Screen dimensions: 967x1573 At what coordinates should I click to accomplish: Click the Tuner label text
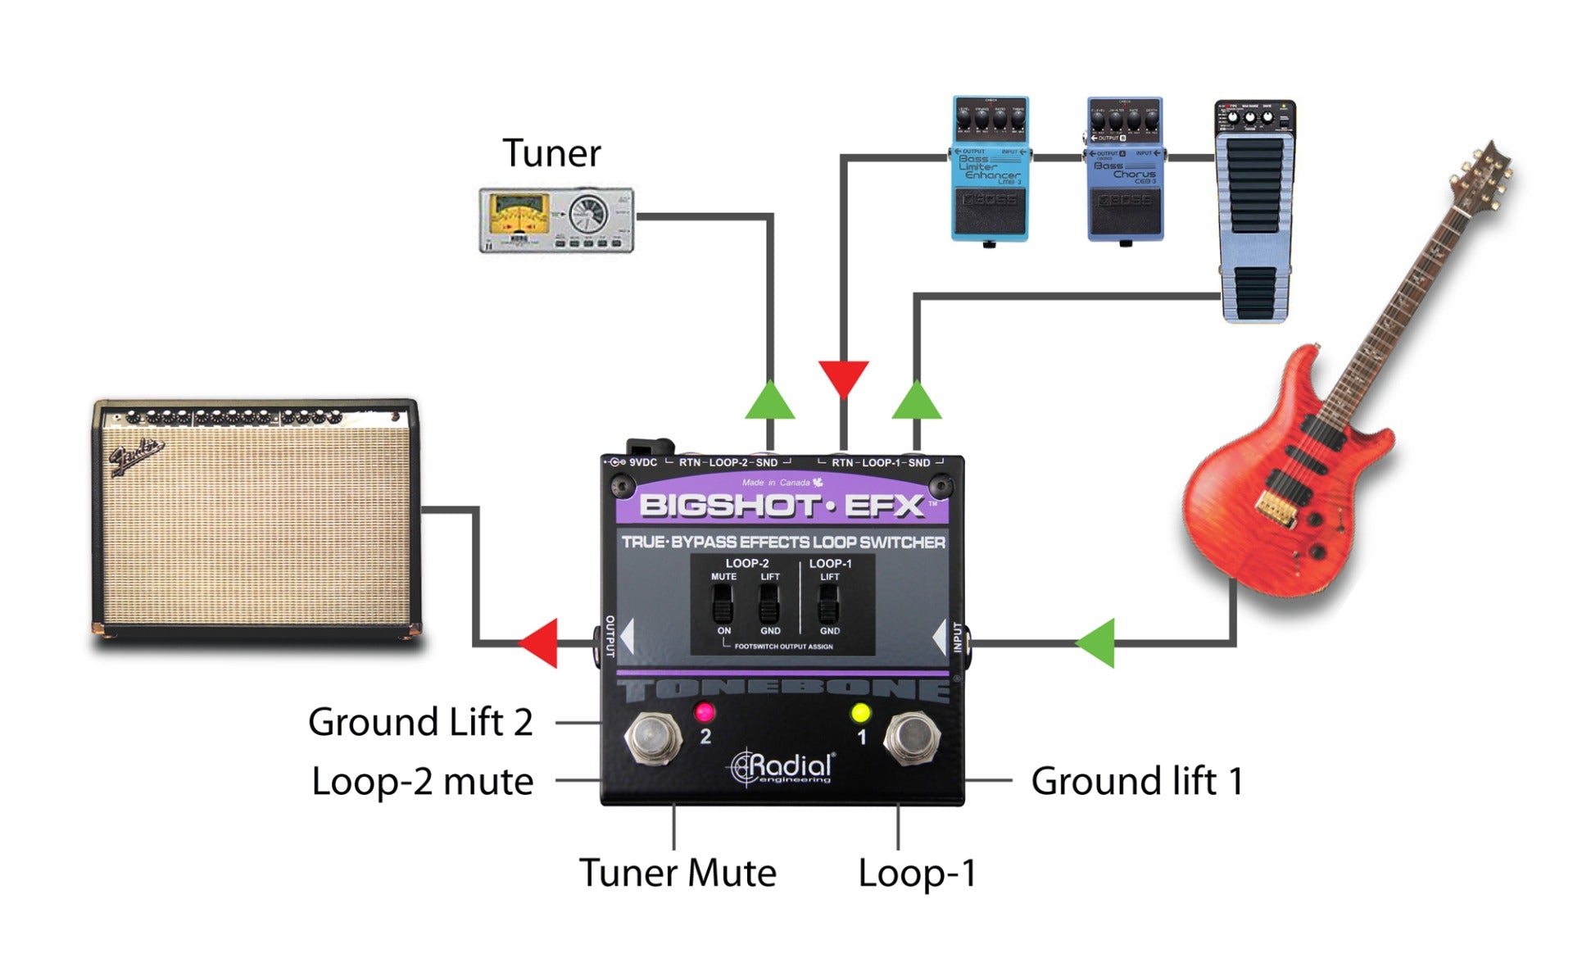click(x=551, y=153)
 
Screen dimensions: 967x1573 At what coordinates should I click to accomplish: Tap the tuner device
click(x=556, y=220)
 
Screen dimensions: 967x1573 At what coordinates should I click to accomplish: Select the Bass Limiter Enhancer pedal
click(x=990, y=169)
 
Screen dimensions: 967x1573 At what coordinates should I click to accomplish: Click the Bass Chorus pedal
click(x=1125, y=169)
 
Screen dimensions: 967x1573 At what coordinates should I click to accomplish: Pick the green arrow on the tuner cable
click(x=769, y=401)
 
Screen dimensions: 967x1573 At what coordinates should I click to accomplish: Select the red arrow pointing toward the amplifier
click(x=541, y=642)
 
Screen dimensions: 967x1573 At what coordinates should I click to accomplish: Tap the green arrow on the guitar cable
click(x=1096, y=642)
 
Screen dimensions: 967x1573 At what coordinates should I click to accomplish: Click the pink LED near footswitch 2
click(x=704, y=711)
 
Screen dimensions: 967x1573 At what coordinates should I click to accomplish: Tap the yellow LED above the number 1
click(x=860, y=712)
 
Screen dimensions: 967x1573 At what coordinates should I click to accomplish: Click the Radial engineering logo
click(x=782, y=768)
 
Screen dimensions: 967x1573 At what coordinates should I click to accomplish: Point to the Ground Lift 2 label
click(x=420, y=723)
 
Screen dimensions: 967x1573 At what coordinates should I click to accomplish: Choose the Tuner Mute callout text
click(x=678, y=873)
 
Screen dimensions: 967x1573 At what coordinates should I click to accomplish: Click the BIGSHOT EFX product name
click(x=782, y=506)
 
